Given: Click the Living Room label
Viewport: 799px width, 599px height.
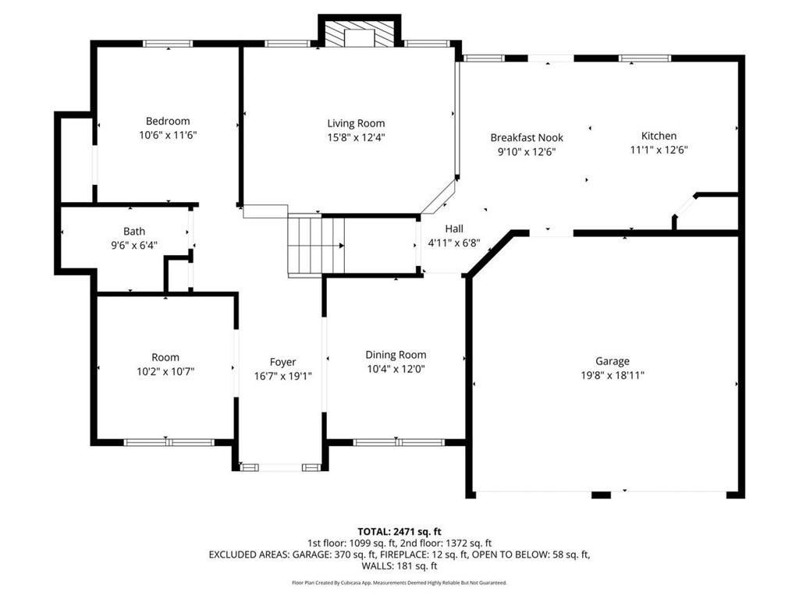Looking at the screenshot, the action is (356, 123).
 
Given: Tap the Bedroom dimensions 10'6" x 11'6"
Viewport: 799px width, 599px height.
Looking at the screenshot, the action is (168, 136).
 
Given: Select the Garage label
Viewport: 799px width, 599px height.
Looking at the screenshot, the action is (612, 361).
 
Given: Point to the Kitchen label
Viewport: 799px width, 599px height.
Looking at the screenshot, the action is (659, 136).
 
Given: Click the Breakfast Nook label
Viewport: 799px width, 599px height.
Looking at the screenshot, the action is (527, 137).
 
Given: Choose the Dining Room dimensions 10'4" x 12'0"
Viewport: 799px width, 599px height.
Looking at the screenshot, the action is (396, 369).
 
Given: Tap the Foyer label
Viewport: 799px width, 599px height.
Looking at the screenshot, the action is (282, 362).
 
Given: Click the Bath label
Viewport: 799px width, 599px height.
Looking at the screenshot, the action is (134, 231).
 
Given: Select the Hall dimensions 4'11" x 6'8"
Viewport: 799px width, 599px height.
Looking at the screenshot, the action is (454, 243).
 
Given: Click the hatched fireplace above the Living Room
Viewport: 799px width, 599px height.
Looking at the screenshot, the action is (360, 34).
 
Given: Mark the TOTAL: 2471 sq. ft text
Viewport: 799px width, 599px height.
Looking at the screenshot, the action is (399, 532).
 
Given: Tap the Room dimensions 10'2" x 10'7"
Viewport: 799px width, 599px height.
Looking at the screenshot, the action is (165, 372).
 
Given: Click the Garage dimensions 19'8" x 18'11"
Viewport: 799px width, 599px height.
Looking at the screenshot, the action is (612, 375).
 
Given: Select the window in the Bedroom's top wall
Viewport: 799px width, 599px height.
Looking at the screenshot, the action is (168, 44).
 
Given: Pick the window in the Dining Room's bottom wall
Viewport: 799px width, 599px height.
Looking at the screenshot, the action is (399, 442).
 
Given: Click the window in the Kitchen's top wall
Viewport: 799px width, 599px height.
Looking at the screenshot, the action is (645, 58).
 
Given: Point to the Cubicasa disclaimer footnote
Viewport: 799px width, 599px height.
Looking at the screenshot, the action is (399, 583).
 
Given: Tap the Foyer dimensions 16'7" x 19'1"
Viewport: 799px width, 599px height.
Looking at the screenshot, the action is (282, 377).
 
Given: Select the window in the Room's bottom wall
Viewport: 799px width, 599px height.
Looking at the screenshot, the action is (169, 442).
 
